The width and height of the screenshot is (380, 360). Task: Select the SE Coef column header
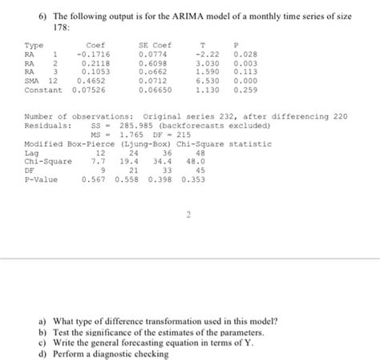(155, 44)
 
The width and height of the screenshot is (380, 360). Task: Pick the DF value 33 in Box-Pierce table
(167, 170)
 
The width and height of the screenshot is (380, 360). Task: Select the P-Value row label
(39, 180)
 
